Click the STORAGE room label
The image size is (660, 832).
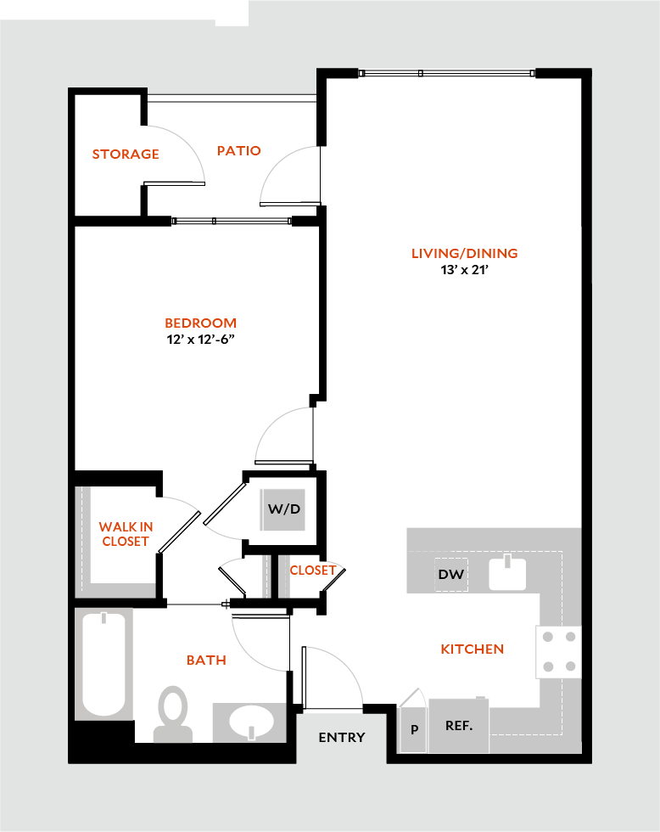(126, 154)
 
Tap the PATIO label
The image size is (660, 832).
(238, 150)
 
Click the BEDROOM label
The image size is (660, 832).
(200, 323)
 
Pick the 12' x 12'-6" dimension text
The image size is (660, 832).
(200, 340)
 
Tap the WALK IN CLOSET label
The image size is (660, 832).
(126, 534)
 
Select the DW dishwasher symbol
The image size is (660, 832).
(451, 575)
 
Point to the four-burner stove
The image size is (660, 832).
(558, 651)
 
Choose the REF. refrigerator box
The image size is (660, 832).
(459, 725)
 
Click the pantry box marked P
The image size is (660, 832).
(414, 729)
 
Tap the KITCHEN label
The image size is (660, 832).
(472, 649)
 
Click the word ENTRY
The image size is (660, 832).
(342, 737)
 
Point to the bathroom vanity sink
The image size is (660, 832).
(252, 722)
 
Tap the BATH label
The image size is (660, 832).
(206, 660)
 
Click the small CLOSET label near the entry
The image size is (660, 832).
(313, 571)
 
